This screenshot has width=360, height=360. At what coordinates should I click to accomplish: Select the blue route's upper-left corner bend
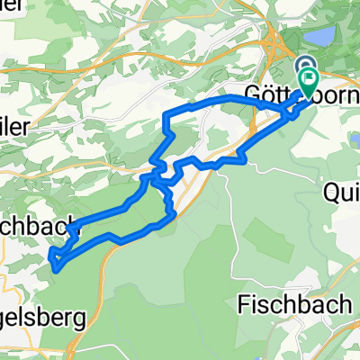pyautogui.click(x=166, y=114)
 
